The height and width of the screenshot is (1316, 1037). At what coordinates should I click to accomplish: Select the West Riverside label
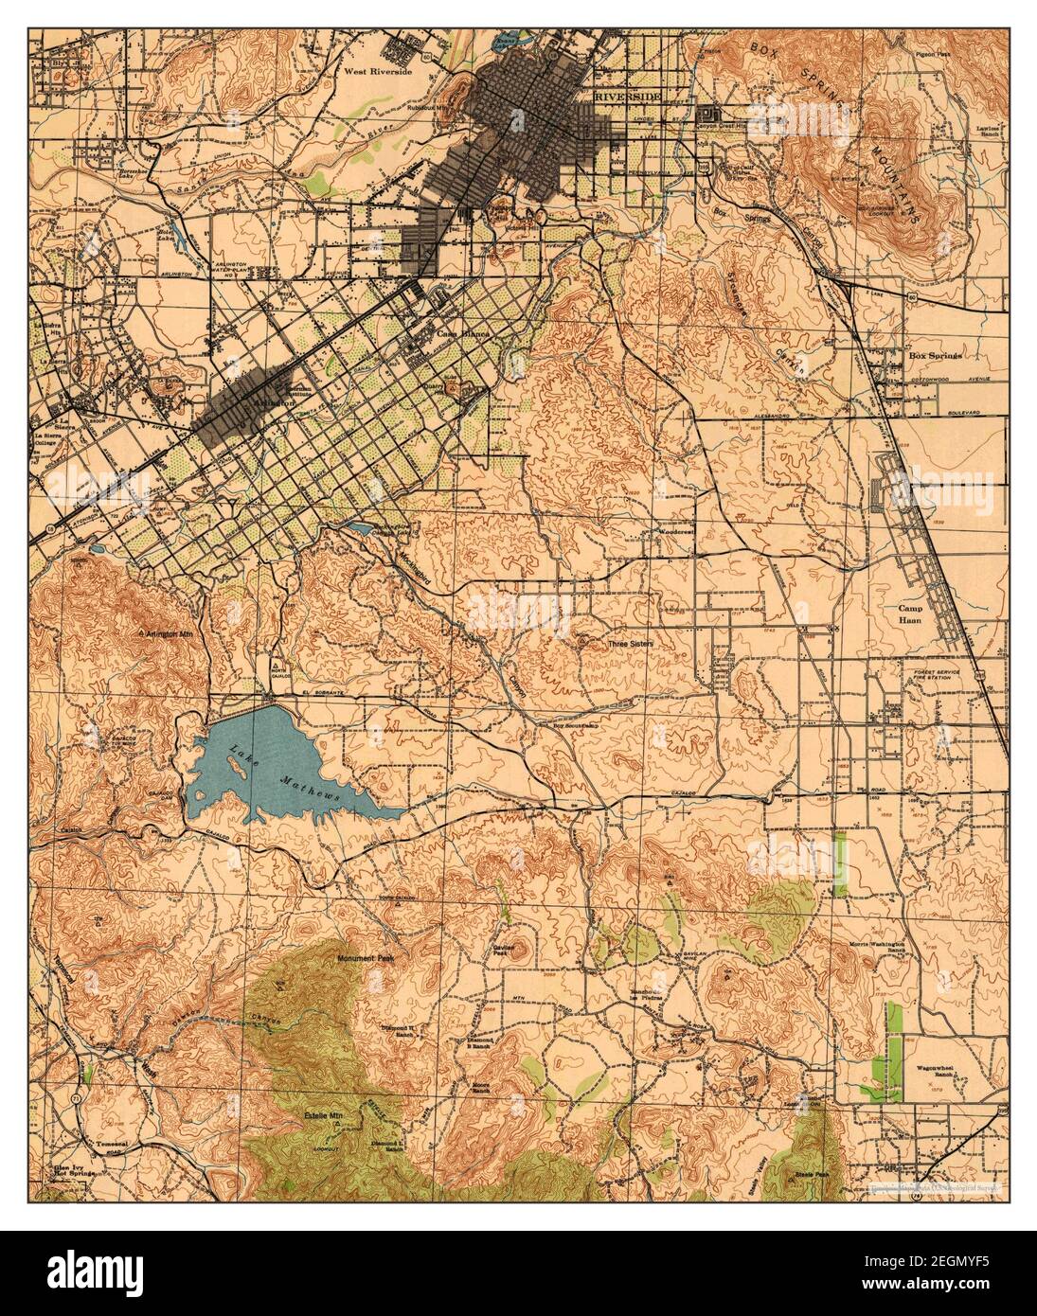[x=379, y=71]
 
